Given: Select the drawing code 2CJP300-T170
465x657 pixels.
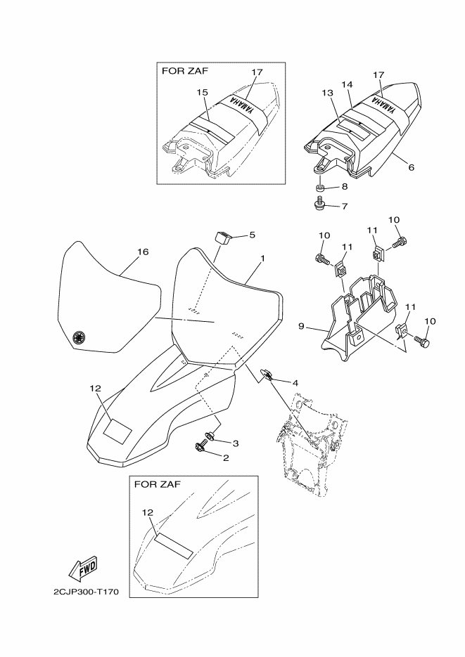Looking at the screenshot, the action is [x=86, y=592].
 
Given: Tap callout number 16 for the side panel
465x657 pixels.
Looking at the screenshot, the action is [x=143, y=252].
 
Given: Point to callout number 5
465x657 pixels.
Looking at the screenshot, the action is [x=252, y=235].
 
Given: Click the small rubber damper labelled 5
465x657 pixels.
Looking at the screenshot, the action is [x=224, y=238].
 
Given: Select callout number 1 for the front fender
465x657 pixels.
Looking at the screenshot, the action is [x=262, y=259].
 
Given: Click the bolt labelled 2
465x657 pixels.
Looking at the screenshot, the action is [x=200, y=447].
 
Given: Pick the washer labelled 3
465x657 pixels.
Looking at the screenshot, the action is [x=210, y=436].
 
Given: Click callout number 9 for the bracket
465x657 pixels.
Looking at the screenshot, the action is [x=301, y=325].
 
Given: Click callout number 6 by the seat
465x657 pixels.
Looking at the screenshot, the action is [x=412, y=167].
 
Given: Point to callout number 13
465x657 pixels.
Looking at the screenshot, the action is [x=328, y=93].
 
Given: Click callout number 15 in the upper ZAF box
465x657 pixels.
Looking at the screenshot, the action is [x=203, y=92].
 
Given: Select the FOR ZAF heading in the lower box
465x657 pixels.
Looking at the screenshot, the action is [x=158, y=484].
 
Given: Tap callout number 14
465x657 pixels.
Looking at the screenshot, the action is [x=347, y=84].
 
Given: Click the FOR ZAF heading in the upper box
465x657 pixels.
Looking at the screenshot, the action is [x=185, y=70].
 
